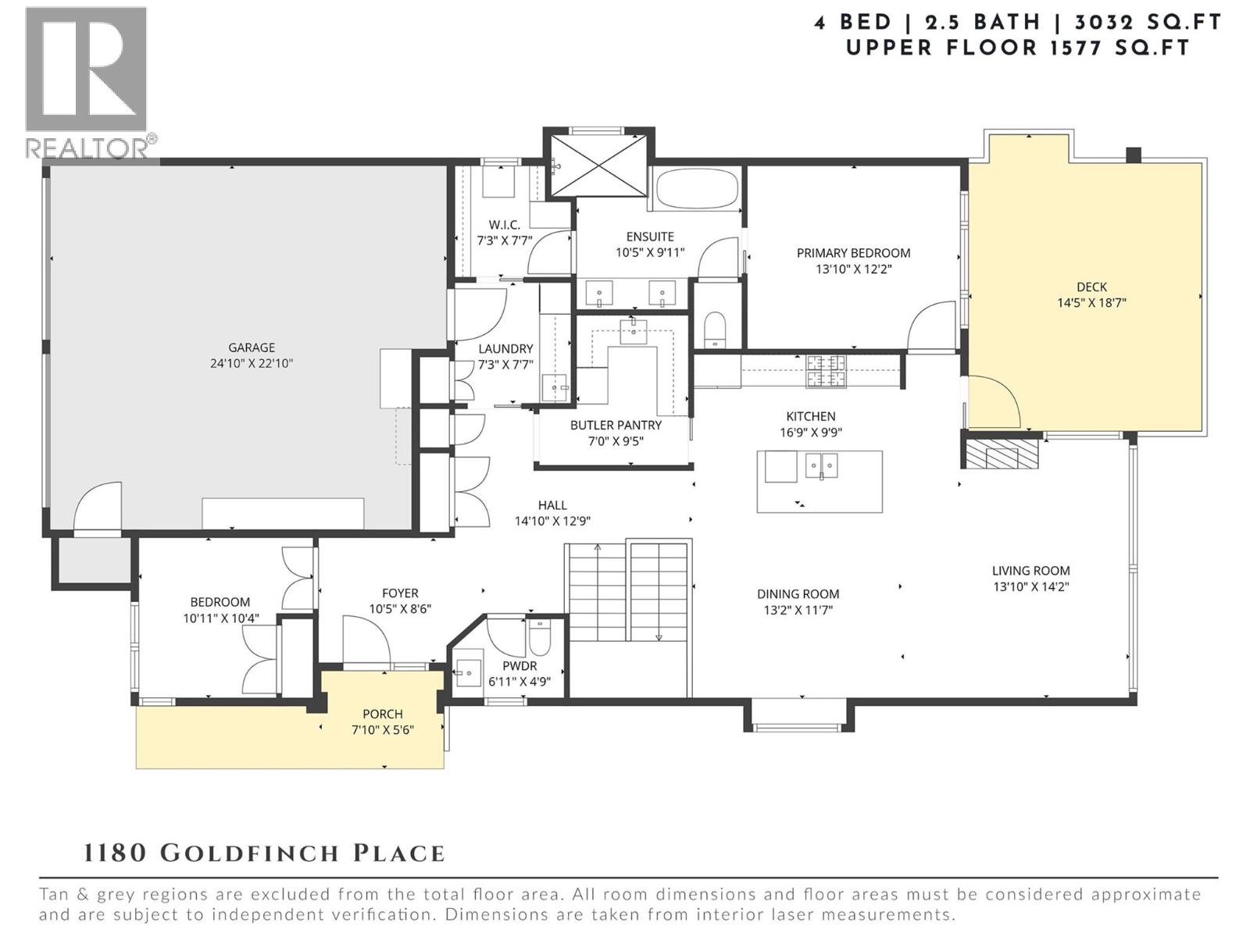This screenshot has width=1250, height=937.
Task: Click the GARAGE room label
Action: pos(252,347)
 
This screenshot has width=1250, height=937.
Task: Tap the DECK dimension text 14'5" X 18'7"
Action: pos(1091,303)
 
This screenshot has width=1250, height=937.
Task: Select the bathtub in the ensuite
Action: pos(696,190)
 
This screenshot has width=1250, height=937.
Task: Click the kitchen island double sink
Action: pos(821,466)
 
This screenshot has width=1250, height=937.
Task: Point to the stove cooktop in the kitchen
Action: pos(826,370)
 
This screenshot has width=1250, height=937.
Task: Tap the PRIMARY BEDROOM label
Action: pos(853,253)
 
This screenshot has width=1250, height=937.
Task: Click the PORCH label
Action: pos(382,714)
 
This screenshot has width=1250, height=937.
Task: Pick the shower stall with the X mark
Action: pos(599,165)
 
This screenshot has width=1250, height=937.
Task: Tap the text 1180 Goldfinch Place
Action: pos(264,853)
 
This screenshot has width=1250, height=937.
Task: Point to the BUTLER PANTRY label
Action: pos(616,425)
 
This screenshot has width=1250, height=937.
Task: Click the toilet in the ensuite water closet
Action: pos(715,330)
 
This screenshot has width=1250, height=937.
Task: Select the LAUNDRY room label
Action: pos(505,348)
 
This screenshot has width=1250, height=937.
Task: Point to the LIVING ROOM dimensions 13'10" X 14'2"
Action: pos(1030,586)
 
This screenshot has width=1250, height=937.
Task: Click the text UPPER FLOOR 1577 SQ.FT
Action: pos(1017,48)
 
